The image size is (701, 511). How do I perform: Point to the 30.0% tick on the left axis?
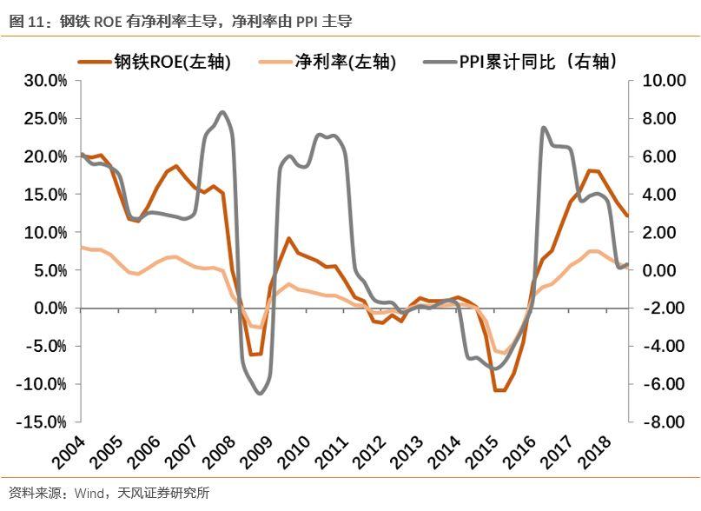[45, 81]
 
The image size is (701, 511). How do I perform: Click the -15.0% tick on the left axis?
[43, 422]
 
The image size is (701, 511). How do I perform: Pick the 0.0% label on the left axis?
[49, 309]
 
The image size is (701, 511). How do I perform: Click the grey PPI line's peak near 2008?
[222, 112]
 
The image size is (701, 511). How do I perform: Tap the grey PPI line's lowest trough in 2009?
[259, 394]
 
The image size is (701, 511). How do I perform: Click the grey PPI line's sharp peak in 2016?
[543, 128]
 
